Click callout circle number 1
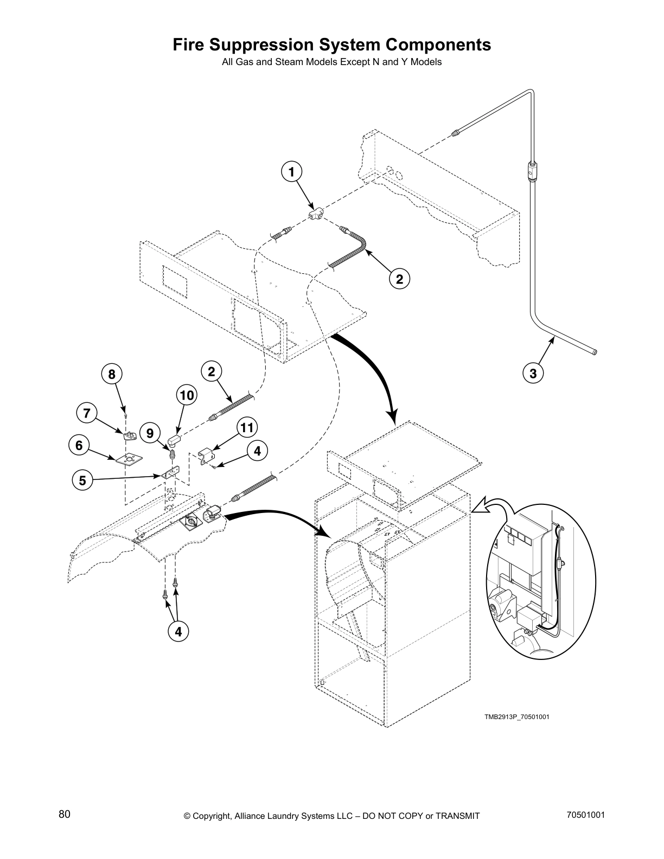click(291, 172)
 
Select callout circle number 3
click(533, 373)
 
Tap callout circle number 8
click(112, 374)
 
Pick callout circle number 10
click(186, 395)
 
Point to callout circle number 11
click(246, 428)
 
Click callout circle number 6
click(79, 445)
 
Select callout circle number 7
click(86, 413)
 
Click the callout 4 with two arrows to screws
click(178, 631)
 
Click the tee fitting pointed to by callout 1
click(316, 215)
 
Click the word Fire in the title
click(189, 44)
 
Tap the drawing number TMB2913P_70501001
click(517, 717)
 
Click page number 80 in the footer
click(65, 815)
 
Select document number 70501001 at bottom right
click(585, 815)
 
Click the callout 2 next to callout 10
click(211, 371)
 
